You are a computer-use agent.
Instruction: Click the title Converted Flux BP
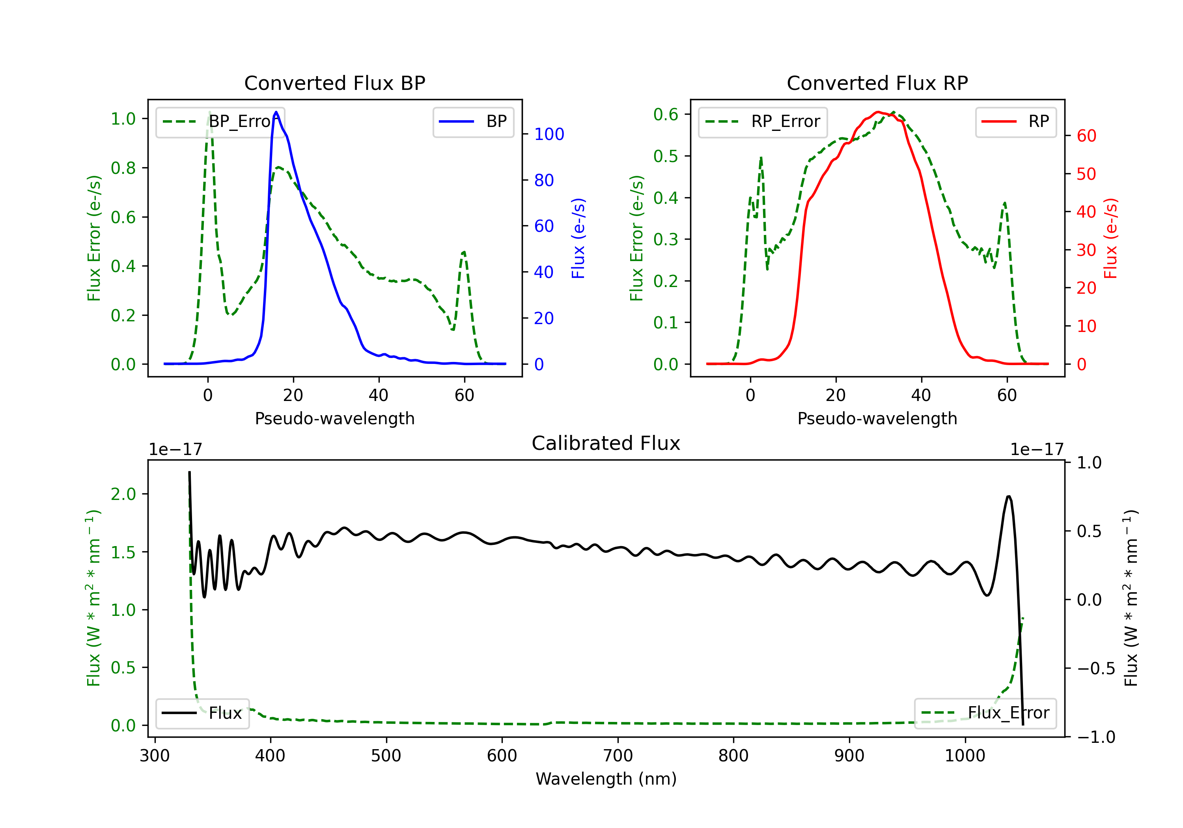click(x=334, y=83)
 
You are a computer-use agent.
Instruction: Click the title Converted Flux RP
click(x=877, y=83)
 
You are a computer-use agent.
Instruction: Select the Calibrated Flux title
click(x=606, y=443)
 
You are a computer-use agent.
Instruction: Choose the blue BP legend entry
click(x=473, y=121)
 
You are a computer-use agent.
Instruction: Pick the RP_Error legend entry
click(x=763, y=121)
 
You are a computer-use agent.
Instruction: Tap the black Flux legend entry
click(x=202, y=713)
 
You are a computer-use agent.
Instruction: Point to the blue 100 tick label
click(x=549, y=134)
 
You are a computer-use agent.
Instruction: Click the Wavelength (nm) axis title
click(x=606, y=779)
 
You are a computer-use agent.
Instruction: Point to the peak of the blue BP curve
click(x=276, y=112)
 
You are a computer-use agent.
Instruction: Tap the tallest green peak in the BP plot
click(x=209, y=112)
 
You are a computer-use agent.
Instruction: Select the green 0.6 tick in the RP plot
click(x=666, y=114)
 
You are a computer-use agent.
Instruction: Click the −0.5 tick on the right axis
click(x=1095, y=668)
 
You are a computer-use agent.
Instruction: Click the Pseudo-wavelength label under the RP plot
click(x=877, y=418)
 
